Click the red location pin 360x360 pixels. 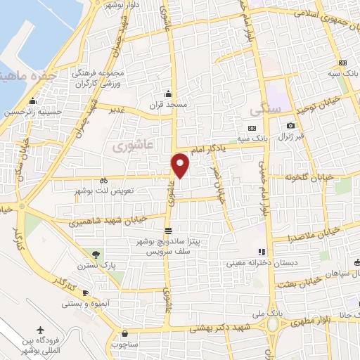181,165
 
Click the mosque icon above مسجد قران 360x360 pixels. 167,94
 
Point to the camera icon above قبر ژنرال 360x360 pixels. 290,126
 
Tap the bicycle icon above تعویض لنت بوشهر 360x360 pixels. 104,179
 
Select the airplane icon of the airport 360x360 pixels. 40,330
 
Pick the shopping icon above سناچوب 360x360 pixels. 124,334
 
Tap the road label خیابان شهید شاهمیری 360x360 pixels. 108,221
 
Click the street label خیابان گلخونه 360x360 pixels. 314,176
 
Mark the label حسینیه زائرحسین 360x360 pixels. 34,112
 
